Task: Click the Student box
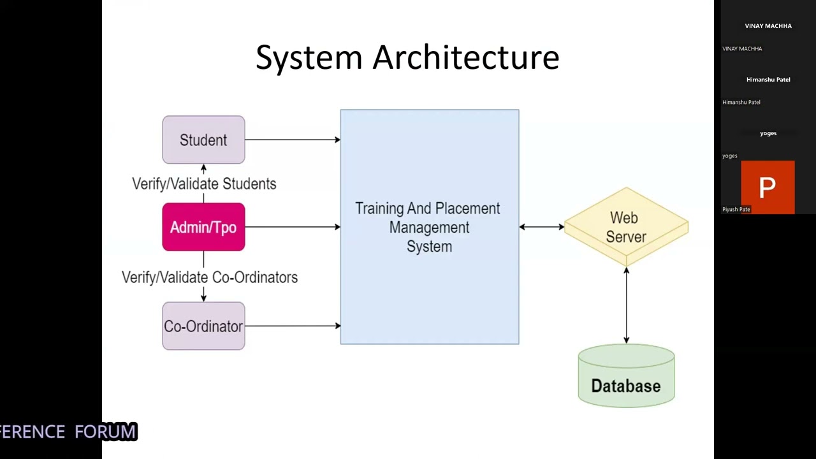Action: [x=203, y=140]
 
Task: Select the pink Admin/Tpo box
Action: [x=203, y=227]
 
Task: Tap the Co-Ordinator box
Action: [x=203, y=326]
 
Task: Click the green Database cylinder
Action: [x=626, y=379]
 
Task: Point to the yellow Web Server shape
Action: [x=625, y=227]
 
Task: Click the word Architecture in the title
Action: [x=465, y=57]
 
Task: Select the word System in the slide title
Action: [x=309, y=57]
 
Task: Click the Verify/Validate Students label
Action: [x=204, y=184]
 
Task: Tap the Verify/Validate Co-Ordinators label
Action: [x=210, y=277]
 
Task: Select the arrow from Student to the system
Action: [x=292, y=140]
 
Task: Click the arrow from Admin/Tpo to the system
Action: [x=292, y=227]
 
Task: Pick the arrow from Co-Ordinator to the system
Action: [x=292, y=326]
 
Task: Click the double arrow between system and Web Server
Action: [x=541, y=227]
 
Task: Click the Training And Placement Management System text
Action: [x=428, y=227]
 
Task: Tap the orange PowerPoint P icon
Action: [x=768, y=187]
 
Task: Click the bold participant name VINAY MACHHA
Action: [x=768, y=26]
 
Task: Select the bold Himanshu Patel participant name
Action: [x=768, y=80]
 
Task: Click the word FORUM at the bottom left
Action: [x=106, y=432]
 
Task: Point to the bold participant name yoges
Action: [x=768, y=133]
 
